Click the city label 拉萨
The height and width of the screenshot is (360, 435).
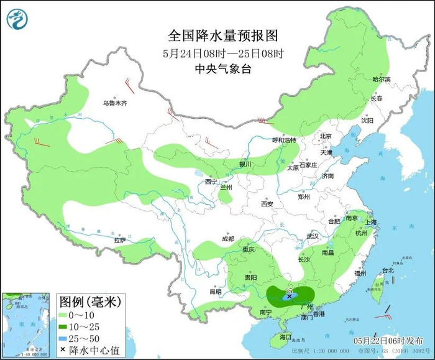click(x=120, y=240)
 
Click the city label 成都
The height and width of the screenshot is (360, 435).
click(x=227, y=239)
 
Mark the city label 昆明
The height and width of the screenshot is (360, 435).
click(x=216, y=291)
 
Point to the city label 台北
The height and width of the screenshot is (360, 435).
click(x=388, y=270)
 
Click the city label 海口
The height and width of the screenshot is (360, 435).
click(x=285, y=337)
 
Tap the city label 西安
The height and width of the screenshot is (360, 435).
click(x=267, y=203)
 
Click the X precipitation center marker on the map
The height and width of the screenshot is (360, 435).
click(x=289, y=297)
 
